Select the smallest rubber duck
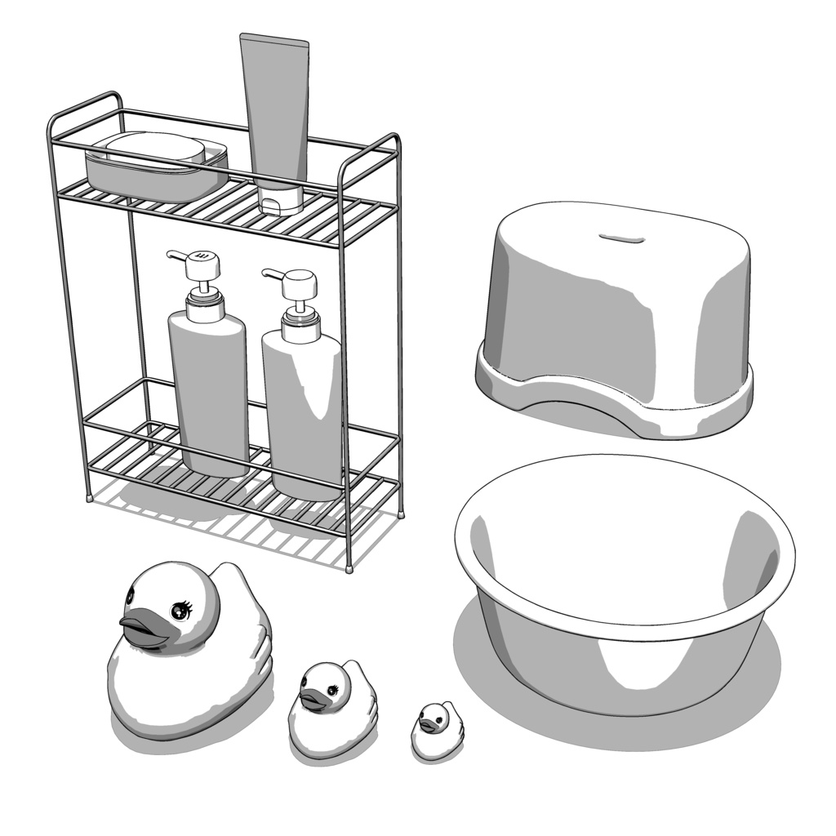(433, 731)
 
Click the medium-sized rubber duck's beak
(312, 700)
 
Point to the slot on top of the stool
(621, 238)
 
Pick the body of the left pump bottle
(208, 392)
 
